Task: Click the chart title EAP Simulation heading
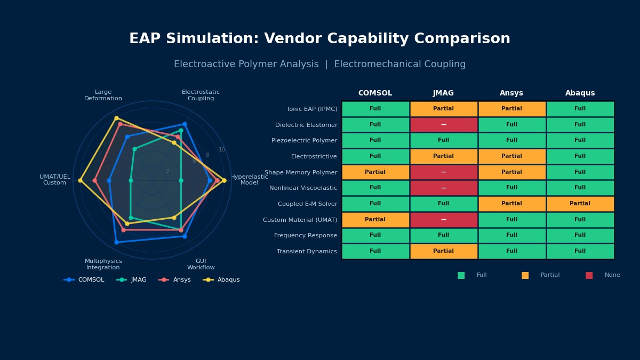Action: point(319,39)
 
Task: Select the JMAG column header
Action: point(443,93)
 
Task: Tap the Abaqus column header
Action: point(580,93)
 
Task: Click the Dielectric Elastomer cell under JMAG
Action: point(443,125)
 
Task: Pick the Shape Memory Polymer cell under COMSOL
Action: point(375,172)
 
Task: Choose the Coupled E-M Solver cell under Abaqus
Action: point(580,204)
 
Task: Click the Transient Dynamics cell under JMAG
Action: point(443,251)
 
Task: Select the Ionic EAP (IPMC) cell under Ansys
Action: point(511,109)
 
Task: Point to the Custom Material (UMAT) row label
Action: point(300,220)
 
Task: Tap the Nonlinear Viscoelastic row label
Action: point(303,188)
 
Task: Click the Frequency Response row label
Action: point(305,236)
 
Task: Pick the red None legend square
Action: point(589,275)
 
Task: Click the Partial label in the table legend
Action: point(550,275)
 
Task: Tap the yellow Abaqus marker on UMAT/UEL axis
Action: point(80,180)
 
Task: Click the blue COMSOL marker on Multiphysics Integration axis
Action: point(116,242)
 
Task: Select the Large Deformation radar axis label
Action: point(103,95)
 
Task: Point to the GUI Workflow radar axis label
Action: point(201,265)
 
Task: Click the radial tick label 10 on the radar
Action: point(222,150)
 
